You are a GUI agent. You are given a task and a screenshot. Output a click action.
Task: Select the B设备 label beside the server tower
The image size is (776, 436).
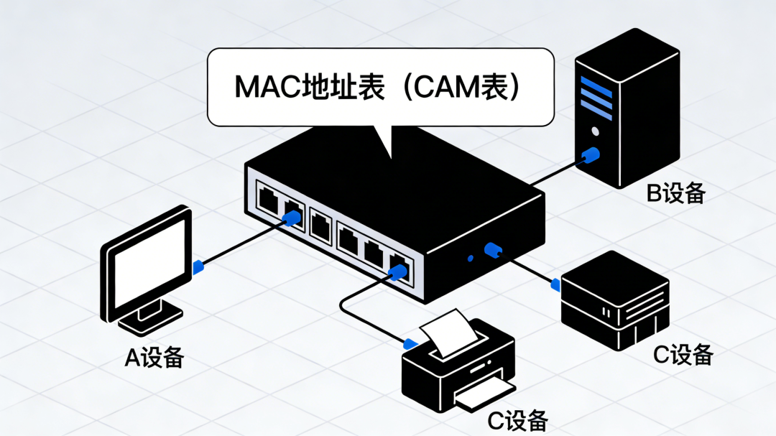coord(676,193)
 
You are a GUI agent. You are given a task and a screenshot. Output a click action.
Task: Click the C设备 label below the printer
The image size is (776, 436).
coord(518,421)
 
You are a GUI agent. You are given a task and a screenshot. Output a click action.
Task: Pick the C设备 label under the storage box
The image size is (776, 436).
coord(683,353)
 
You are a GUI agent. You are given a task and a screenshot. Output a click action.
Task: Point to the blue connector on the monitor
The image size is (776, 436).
coord(199,267)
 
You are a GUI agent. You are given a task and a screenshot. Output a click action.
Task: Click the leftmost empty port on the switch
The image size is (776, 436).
coord(269,199)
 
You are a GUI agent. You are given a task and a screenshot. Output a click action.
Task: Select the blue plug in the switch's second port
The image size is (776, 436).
coord(292,216)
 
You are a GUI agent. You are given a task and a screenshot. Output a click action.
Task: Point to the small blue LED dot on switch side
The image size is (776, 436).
coord(470,258)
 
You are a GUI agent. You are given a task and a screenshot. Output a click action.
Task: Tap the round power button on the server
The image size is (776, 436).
coord(594,131)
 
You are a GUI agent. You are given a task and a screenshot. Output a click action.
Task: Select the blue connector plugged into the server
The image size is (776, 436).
coord(591,154)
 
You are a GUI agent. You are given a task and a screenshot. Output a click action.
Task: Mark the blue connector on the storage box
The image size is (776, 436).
coord(555,284)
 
